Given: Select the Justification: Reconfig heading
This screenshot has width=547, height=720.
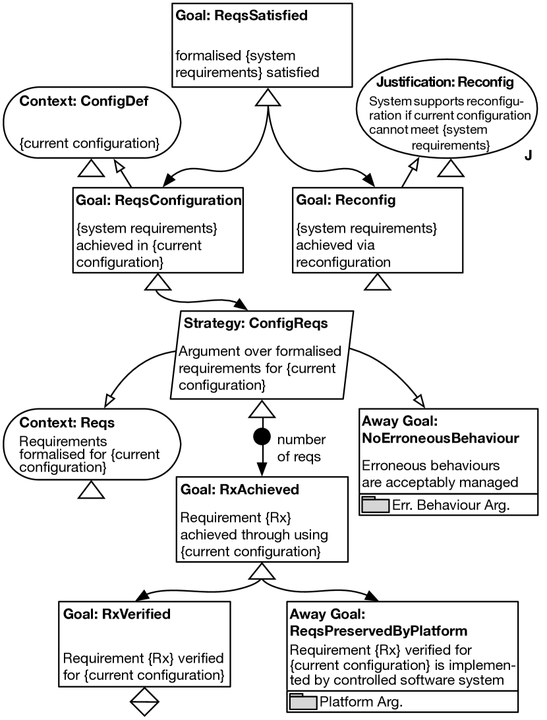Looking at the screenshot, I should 444,83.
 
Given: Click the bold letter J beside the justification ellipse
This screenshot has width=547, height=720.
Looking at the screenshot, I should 528,155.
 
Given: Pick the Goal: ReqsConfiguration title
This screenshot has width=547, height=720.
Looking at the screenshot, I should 158,200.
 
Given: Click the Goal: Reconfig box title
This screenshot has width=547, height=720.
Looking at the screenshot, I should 346,200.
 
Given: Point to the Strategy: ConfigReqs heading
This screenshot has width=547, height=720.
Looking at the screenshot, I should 256,323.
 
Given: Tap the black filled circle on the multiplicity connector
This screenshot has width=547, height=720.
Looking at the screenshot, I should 262,436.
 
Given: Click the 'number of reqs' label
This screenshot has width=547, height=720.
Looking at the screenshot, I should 301,448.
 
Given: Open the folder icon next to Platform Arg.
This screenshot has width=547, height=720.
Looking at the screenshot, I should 302,702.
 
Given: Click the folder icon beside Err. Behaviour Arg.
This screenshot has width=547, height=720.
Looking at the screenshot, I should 375,505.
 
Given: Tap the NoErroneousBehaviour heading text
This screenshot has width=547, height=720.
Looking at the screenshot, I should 441,437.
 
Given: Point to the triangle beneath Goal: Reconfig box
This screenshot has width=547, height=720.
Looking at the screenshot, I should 378,281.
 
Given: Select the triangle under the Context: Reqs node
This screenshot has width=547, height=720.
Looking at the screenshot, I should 92,489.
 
